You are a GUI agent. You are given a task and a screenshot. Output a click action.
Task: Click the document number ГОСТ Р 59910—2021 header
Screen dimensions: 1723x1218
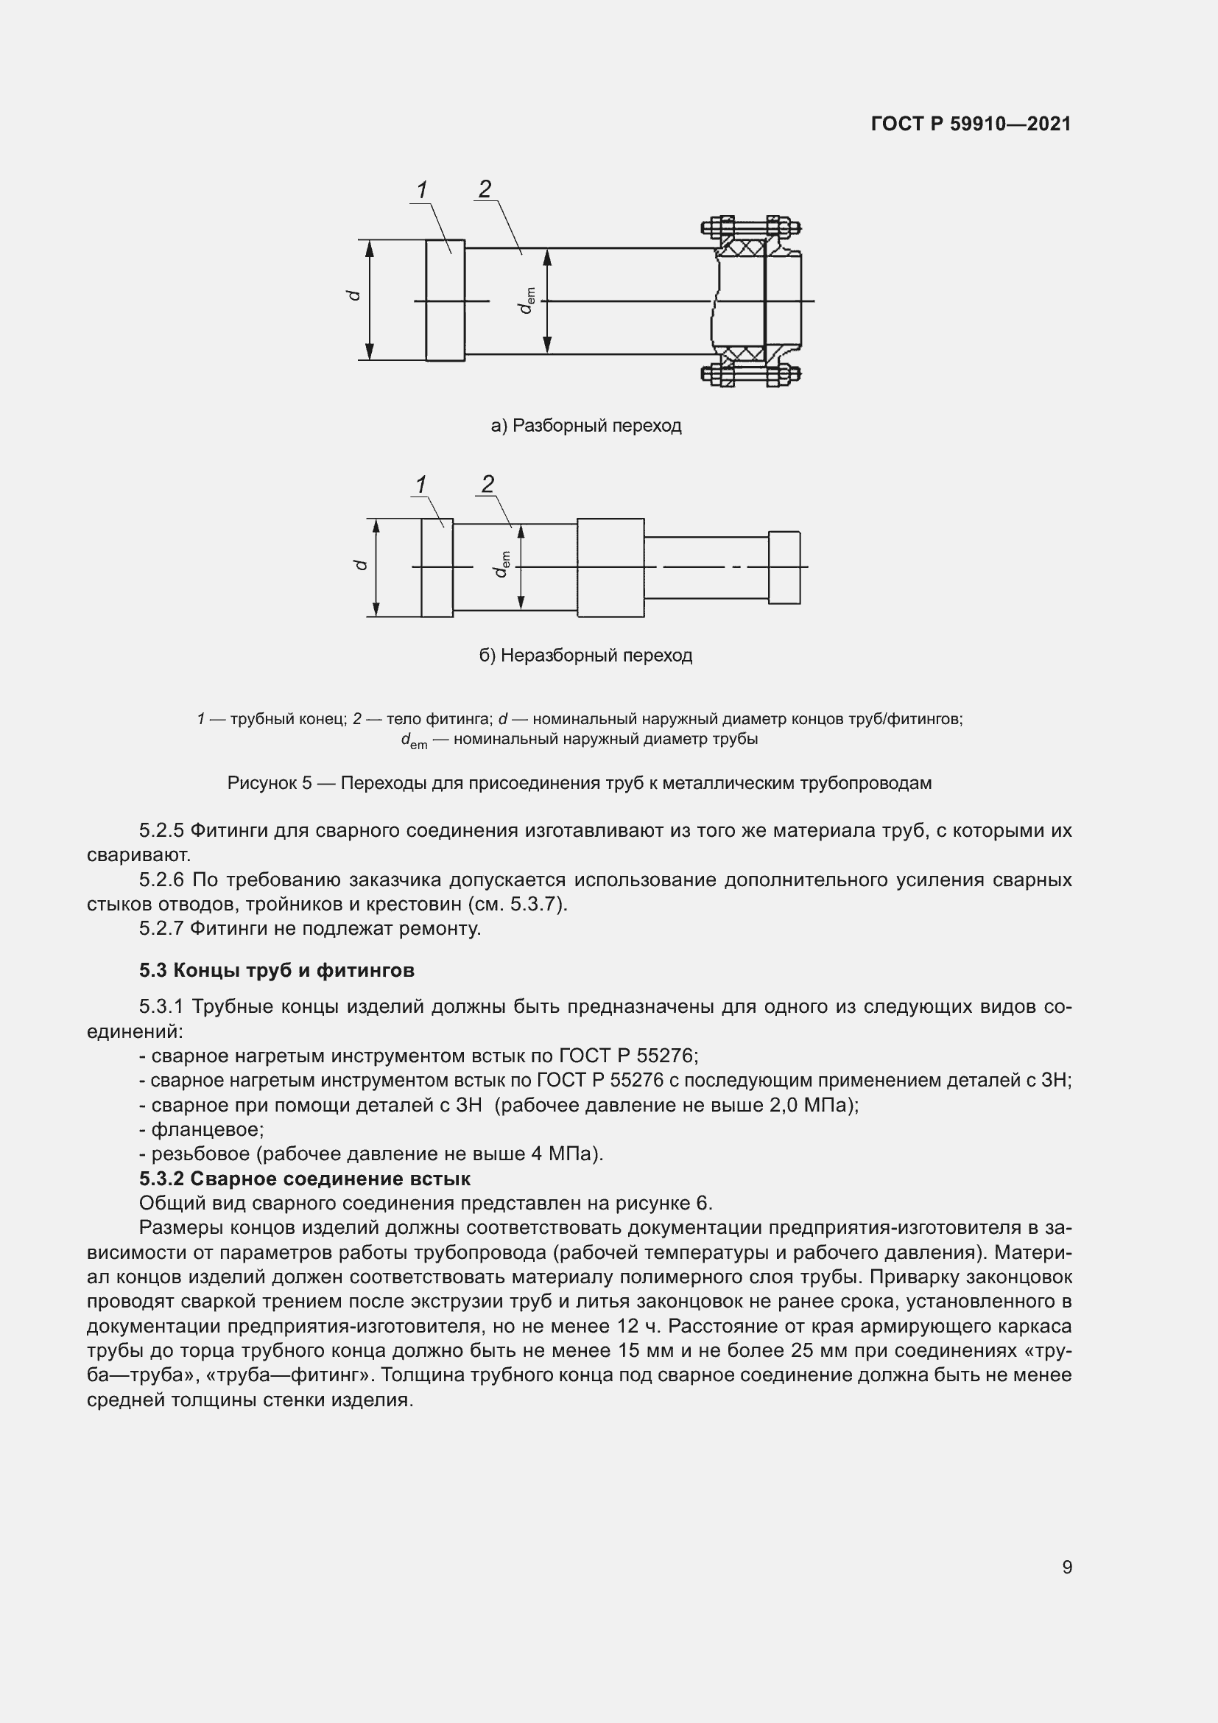(x=971, y=124)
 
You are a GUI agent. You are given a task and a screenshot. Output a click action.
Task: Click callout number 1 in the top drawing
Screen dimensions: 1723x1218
(x=422, y=190)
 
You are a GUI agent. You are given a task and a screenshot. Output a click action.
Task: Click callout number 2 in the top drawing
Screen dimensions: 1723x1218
(x=485, y=189)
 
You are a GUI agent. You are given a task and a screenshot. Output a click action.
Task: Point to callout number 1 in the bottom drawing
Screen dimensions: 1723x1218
(x=421, y=485)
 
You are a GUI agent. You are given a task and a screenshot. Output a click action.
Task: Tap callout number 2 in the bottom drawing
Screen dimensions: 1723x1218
(x=488, y=484)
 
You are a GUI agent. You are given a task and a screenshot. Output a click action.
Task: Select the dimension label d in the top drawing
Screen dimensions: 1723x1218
(x=355, y=295)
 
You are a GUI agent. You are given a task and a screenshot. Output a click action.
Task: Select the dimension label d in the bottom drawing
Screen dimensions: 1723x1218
(x=361, y=564)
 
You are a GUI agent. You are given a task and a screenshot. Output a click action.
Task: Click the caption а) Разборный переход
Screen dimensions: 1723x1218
(x=585, y=426)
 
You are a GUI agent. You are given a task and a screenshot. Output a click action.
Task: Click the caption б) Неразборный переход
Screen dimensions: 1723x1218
(x=585, y=655)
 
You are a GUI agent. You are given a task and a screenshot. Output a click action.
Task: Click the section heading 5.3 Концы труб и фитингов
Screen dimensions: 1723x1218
(x=277, y=970)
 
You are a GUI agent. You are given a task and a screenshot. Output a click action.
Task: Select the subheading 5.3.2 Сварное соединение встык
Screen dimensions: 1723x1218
(x=305, y=1178)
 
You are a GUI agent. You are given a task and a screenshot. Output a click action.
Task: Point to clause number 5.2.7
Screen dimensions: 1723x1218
(x=161, y=928)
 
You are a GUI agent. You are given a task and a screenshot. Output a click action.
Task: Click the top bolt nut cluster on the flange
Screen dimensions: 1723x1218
(x=750, y=227)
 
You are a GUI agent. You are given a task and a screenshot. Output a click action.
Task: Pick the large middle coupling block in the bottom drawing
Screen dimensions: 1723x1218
(x=610, y=567)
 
